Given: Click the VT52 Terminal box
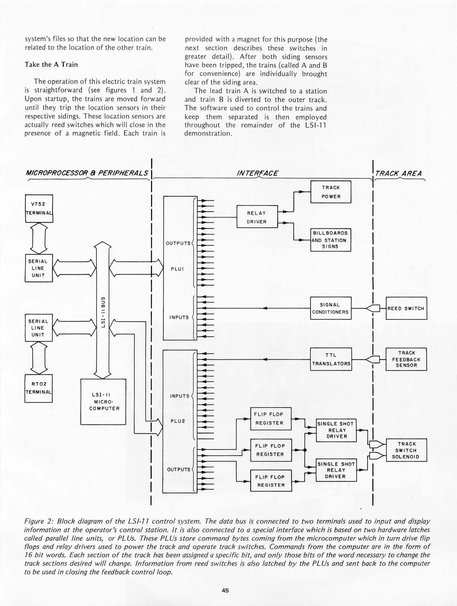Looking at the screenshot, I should click(x=39, y=208).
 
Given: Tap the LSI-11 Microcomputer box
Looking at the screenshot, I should click(x=103, y=401).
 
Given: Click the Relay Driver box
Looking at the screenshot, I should click(x=257, y=217).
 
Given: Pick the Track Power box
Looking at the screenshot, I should click(x=331, y=192).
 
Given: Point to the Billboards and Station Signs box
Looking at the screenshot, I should click(x=330, y=240).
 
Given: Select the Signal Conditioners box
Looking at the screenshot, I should click(x=330, y=308).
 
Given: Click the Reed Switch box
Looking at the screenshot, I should click(x=406, y=308).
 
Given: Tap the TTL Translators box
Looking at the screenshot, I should click(x=331, y=359).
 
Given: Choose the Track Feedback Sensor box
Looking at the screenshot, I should click(x=406, y=359).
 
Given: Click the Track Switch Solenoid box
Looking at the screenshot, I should click(x=407, y=450).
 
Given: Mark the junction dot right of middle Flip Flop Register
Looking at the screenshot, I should click(x=305, y=450).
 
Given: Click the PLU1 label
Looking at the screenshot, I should click(x=177, y=269).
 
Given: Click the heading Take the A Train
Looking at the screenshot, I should click(x=51, y=65).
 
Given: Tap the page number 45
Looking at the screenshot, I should click(x=225, y=590).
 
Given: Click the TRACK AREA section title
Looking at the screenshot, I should click(x=398, y=173).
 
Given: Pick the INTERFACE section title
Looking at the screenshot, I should click(x=257, y=173).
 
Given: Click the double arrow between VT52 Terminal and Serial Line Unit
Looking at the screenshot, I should click(x=38, y=238).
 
